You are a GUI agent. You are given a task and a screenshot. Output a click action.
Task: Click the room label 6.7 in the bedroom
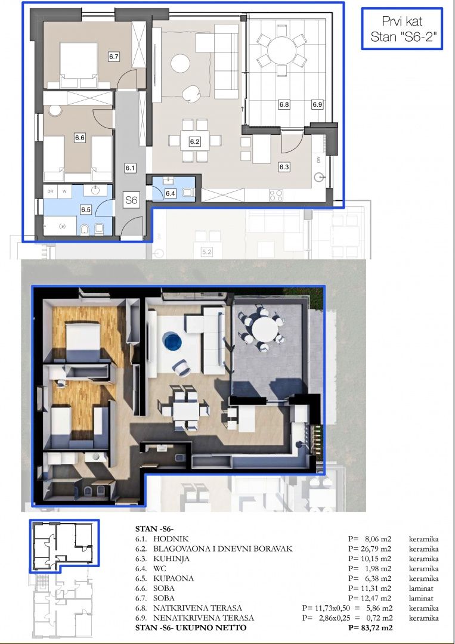pyautogui.click(x=114, y=57)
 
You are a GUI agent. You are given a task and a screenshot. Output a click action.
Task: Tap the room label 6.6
pyautogui.click(x=80, y=138)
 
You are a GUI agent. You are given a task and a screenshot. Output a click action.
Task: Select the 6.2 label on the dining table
pyautogui.click(x=194, y=142)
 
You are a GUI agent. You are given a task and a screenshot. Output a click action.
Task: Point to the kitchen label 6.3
pyautogui.click(x=284, y=167)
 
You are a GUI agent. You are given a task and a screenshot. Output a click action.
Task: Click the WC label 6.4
pyautogui.click(x=171, y=193)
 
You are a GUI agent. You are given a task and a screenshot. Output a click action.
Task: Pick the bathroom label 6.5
pyautogui.click(x=85, y=209)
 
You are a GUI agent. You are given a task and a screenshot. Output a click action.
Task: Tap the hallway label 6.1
pyautogui.click(x=130, y=168)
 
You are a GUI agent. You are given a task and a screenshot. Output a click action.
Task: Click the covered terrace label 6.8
pyautogui.click(x=284, y=104)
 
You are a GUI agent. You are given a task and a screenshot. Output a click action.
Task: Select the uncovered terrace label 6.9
pyautogui.click(x=317, y=104)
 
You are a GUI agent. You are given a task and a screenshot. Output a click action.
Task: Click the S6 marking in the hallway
pyautogui.click(x=131, y=200)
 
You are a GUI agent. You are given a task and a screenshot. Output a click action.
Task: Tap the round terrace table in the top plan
pyautogui.click(x=281, y=51)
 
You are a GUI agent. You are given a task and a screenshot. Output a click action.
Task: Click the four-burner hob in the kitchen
pyautogui.click(x=276, y=195)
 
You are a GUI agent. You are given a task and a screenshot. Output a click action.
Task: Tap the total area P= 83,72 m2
pyautogui.click(x=370, y=627)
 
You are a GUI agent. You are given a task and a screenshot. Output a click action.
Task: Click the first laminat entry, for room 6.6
pyautogui.click(x=421, y=588)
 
